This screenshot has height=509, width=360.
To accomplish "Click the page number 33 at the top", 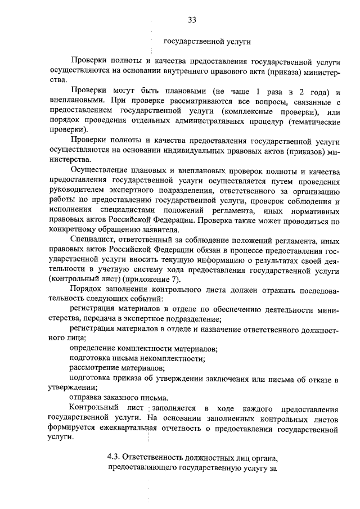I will [191, 21].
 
